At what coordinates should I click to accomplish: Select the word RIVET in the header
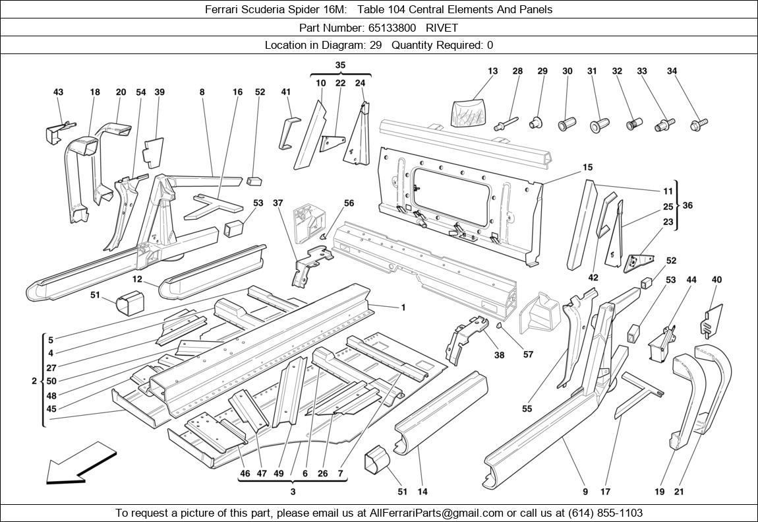[442, 28]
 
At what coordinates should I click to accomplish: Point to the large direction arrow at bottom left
[80, 464]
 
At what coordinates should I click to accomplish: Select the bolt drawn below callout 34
[699, 123]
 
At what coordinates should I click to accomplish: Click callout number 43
[58, 92]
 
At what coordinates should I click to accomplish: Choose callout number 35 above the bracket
[340, 65]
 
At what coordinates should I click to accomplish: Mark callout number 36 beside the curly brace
[687, 206]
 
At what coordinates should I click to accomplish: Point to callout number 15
[587, 168]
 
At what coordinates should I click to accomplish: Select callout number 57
[528, 354]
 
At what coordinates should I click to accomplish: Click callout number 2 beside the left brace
[34, 381]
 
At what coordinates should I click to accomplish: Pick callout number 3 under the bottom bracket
[293, 492]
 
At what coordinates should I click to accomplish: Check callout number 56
[349, 203]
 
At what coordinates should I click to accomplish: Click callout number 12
[137, 280]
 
